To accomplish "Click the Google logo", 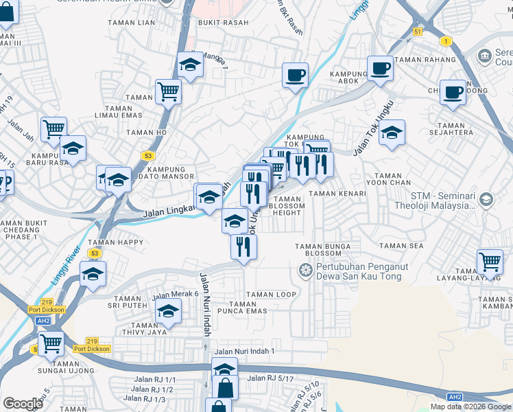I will click(x=23, y=404).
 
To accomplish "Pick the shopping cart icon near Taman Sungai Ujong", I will click(x=51, y=342).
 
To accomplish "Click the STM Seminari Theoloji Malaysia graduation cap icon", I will click(x=486, y=200).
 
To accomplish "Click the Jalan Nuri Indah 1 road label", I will click(x=244, y=352).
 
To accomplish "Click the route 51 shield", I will click(x=418, y=32).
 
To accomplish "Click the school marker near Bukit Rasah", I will click(x=190, y=65).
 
